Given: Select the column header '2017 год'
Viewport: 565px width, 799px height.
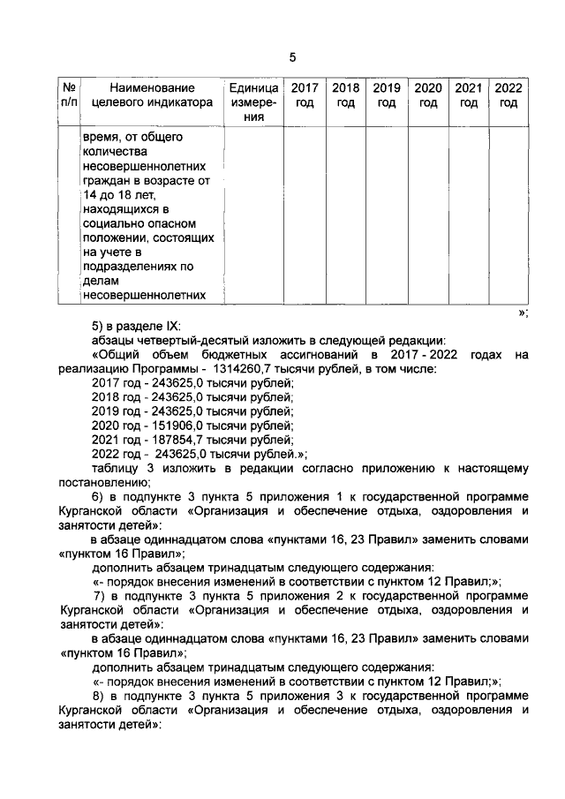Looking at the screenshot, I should click(x=305, y=95).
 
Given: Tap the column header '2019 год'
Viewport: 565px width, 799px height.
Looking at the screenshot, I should click(x=387, y=95).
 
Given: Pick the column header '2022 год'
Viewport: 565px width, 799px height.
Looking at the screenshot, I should click(x=508, y=95).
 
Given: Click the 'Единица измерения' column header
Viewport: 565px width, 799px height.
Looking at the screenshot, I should click(x=253, y=102).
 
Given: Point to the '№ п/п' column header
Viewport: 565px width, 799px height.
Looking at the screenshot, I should click(x=69, y=95).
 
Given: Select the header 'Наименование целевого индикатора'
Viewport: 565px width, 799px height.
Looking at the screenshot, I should click(x=152, y=95).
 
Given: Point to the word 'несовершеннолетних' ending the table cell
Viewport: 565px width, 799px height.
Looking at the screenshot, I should click(x=145, y=295).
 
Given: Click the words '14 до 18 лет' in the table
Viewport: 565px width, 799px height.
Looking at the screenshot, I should click(x=119, y=195).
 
